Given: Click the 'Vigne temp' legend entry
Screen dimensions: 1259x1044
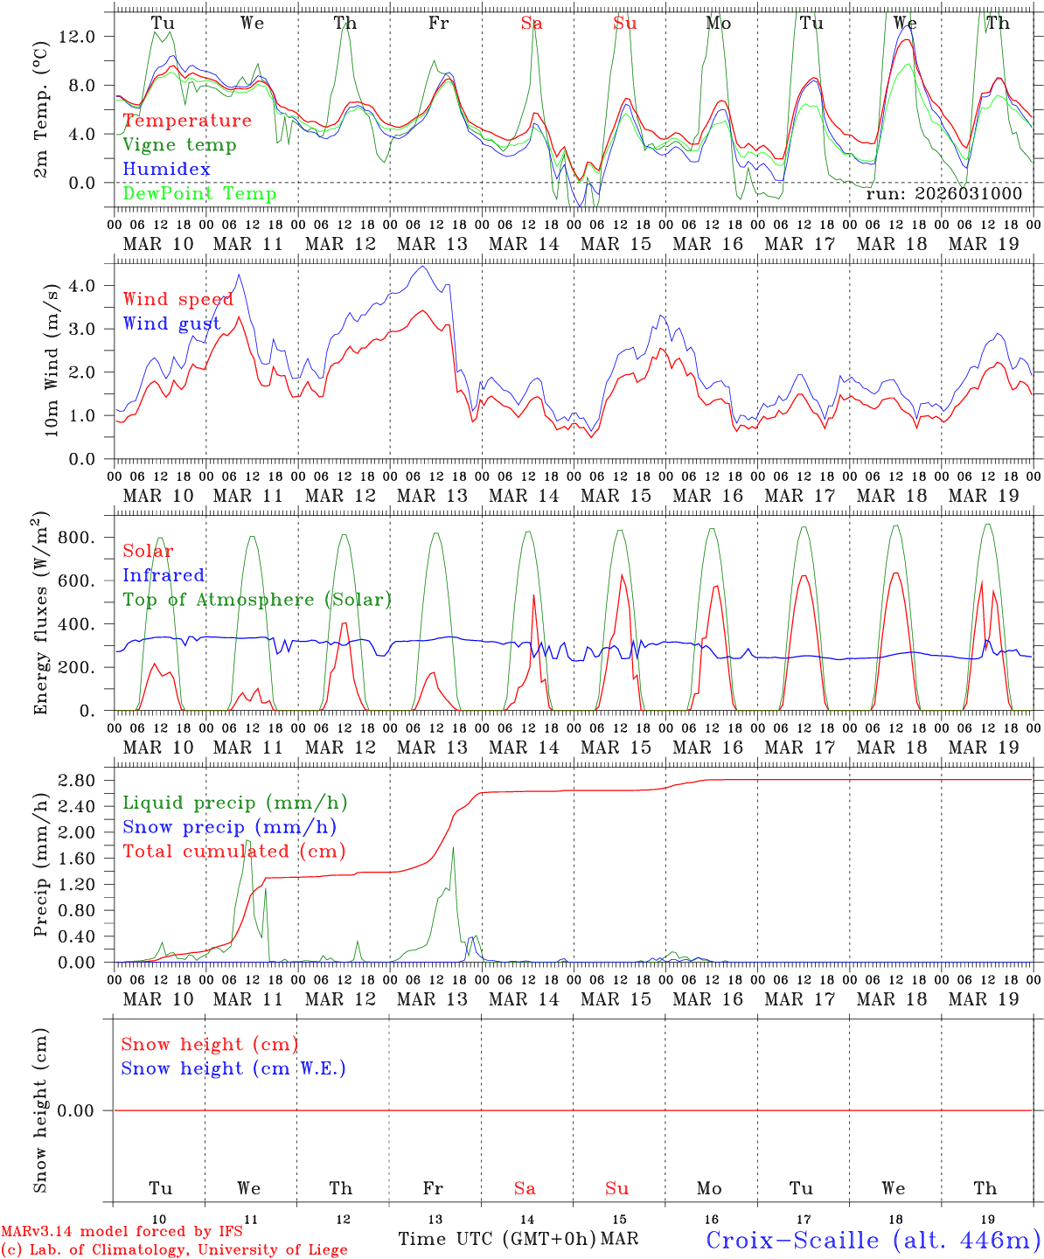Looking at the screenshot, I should coord(179,145).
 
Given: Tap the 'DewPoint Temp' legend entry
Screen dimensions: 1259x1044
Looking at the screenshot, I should coord(199,194).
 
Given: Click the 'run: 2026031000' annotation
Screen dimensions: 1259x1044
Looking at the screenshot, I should coord(943,194).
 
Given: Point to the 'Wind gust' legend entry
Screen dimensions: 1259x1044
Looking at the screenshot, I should coord(171,324).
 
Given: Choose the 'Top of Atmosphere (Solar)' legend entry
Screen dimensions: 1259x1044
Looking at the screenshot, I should coord(257,600).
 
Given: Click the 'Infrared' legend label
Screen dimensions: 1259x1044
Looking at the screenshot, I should coord(164,575).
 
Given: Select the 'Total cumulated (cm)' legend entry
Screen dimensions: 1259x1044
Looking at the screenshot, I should coord(234,852).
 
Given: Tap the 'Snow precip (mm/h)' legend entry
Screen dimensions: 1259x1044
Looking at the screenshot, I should coord(229,827).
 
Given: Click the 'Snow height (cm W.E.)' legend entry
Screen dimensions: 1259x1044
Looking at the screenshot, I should coord(233,1068).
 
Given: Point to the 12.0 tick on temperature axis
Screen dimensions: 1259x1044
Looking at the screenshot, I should coord(87,37).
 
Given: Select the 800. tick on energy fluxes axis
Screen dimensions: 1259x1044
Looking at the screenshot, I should coord(86,538).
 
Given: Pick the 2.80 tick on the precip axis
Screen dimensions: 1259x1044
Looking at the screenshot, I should coord(86,780).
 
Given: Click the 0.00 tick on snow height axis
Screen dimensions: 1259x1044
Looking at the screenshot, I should coord(86,1110).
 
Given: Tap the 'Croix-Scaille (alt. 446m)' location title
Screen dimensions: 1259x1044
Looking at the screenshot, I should coord(873,1240).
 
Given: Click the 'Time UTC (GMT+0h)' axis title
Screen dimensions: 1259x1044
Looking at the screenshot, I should coord(497,1239).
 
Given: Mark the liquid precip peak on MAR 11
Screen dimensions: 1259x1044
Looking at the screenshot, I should coord(247,841).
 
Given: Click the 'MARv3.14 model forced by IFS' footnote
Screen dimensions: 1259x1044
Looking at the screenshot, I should coord(122,1232).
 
